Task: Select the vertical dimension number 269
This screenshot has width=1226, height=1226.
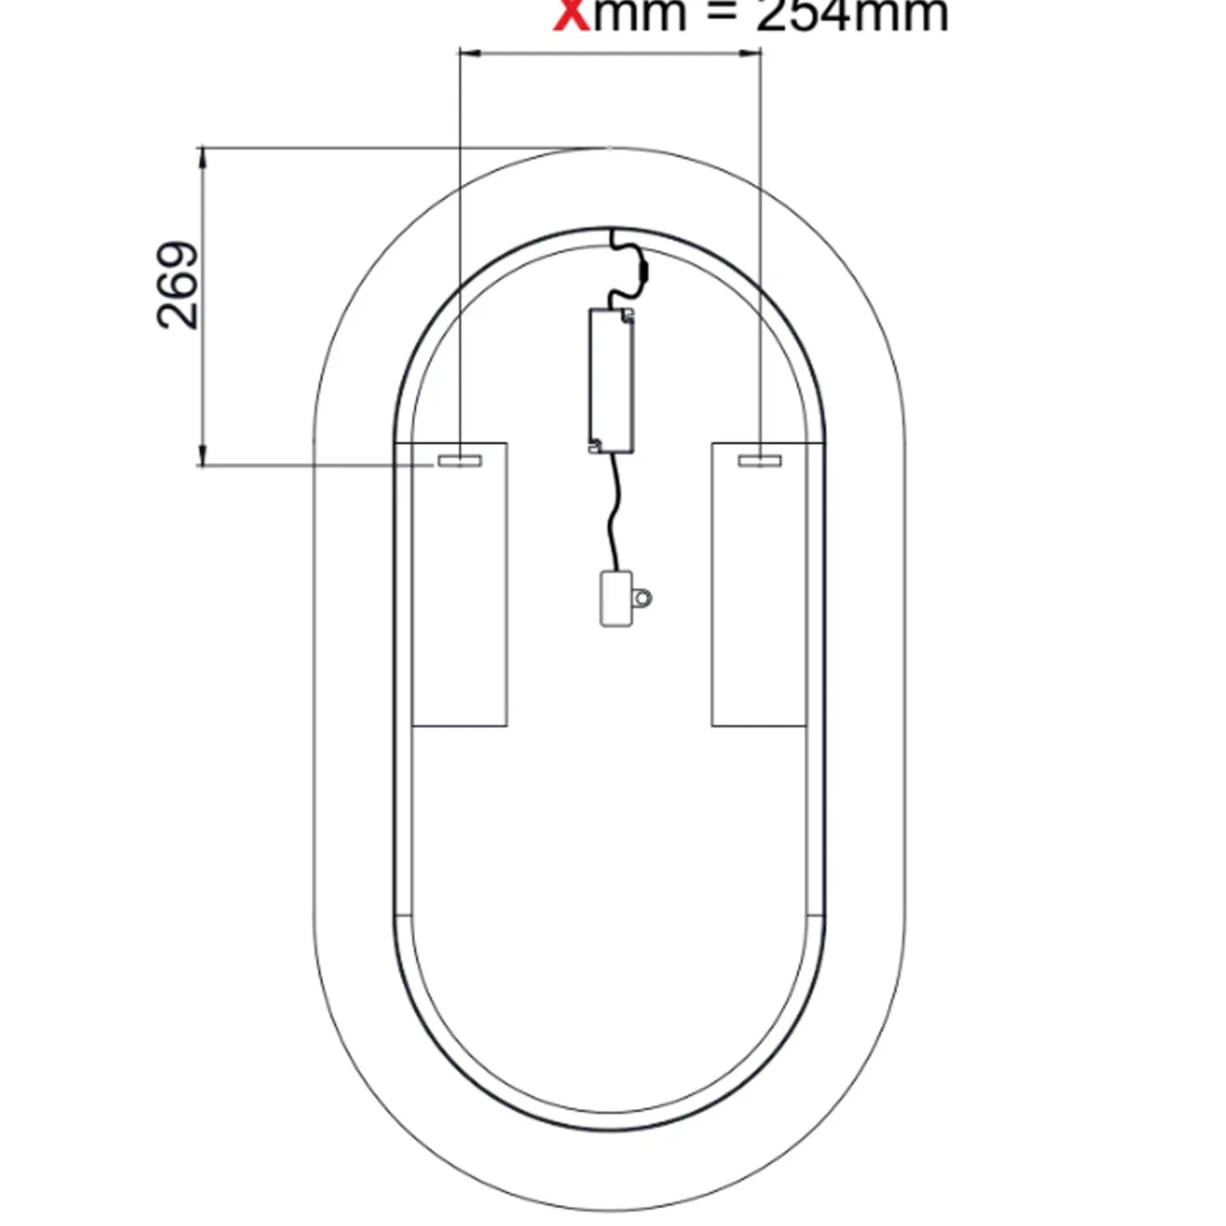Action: pyautogui.click(x=178, y=286)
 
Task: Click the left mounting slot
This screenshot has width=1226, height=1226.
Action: pyautogui.click(x=459, y=460)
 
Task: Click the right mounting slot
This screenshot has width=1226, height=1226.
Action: pyautogui.click(x=759, y=460)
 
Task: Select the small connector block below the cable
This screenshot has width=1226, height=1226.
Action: pyautogui.click(x=616, y=598)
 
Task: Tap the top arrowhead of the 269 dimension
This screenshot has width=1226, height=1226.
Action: pyautogui.click(x=203, y=156)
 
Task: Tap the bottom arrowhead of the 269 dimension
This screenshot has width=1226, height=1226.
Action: pyautogui.click(x=203, y=457)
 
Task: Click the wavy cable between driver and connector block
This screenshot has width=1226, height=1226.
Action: pyautogui.click(x=614, y=513)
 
